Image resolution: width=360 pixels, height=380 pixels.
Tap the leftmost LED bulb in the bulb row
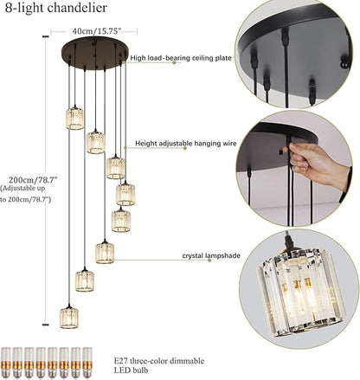(9, 363)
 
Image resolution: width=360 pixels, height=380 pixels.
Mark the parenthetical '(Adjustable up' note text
(26, 188)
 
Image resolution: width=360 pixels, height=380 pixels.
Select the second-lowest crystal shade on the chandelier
(85, 280)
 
